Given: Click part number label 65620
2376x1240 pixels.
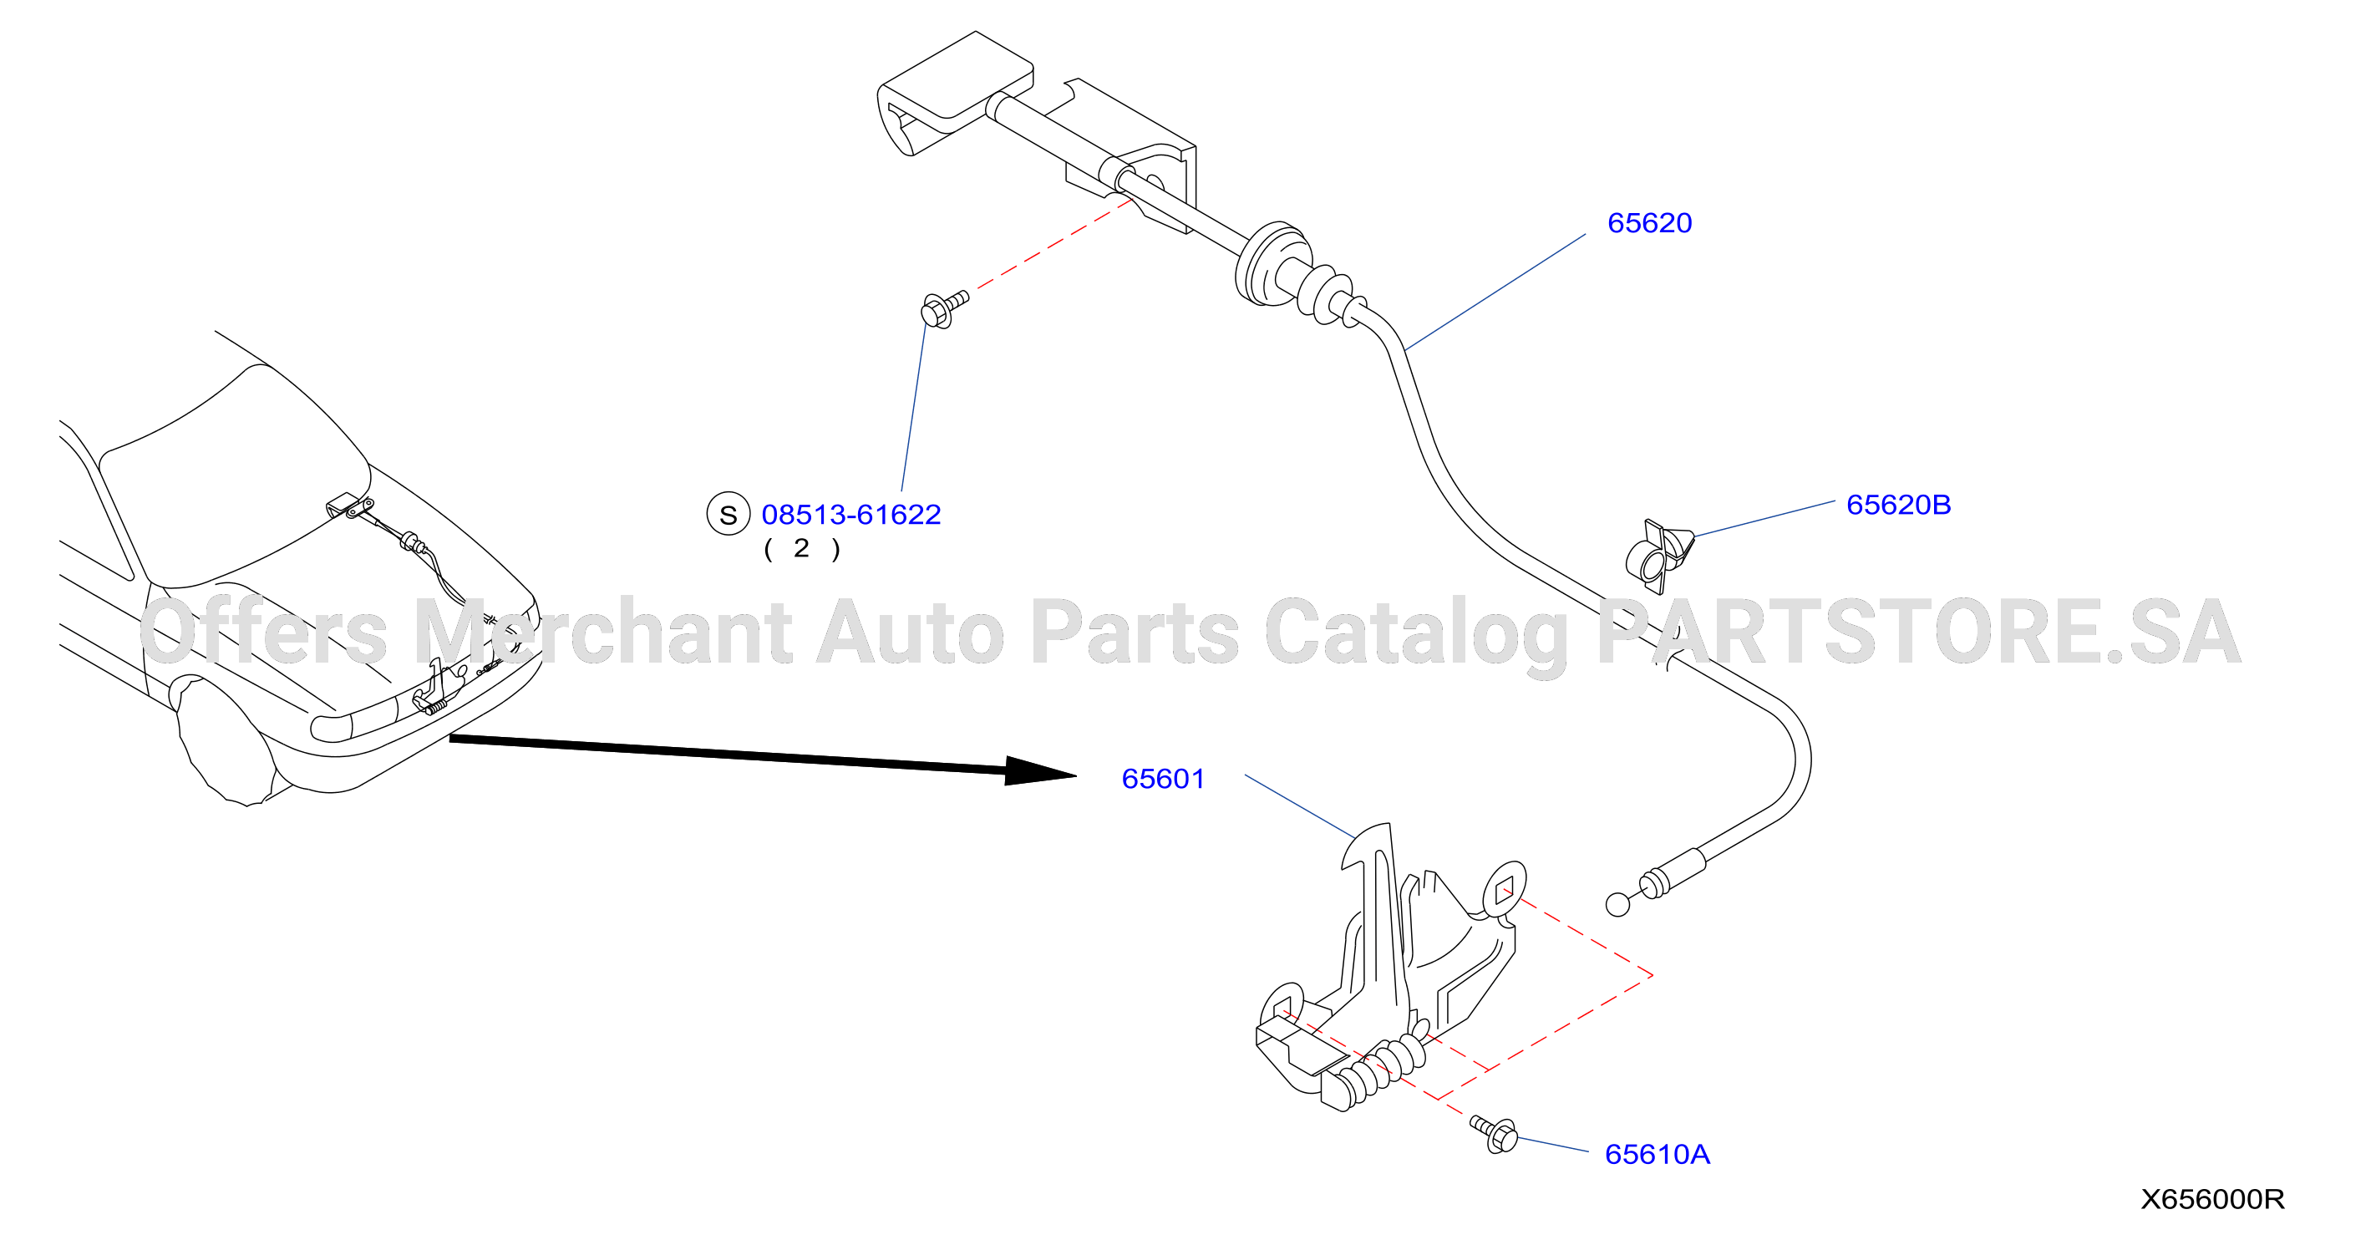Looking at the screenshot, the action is [x=1649, y=223].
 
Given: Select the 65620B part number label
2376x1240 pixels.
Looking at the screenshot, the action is [x=1898, y=506].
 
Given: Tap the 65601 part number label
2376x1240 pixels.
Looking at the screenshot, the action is [x=1163, y=780].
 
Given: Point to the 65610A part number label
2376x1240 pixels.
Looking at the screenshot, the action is [x=1658, y=1154].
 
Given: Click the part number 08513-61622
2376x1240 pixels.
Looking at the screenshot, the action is [x=850, y=515].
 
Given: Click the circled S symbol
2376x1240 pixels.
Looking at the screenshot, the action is [x=728, y=515].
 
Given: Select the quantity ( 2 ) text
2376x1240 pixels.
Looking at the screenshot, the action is [x=801, y=549].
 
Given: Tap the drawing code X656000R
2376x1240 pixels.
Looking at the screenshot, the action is [x=2211, y=1199].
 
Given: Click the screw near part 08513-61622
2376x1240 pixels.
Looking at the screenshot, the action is [x=943, y=309].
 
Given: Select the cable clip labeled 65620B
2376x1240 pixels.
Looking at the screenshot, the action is [x=1658, y=556].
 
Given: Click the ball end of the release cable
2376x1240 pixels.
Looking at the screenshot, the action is [x=1617, y=905].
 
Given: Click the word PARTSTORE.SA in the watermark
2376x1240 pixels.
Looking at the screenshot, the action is [x=1918, y=632].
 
